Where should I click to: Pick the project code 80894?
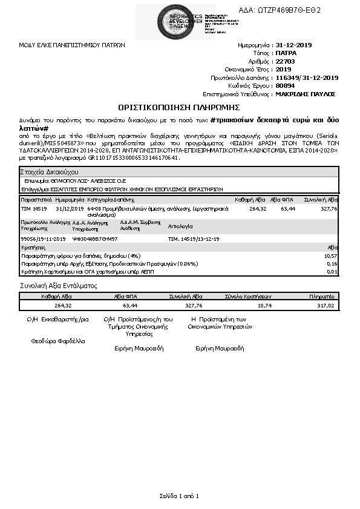tap(285, 86)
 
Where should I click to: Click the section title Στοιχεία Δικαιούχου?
tap(45, 172)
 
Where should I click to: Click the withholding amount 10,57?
tap(331, 256)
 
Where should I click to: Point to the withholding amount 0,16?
tap(332, 264)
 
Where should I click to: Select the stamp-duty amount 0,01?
tap(332, 272)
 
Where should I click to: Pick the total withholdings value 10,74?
tap(264, 306)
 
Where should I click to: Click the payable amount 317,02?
tap(326, 306)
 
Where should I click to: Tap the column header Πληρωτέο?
tap(322, 297)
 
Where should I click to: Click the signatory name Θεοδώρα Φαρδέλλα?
tap(58, 341)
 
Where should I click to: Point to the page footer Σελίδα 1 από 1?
tap(179, 496)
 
